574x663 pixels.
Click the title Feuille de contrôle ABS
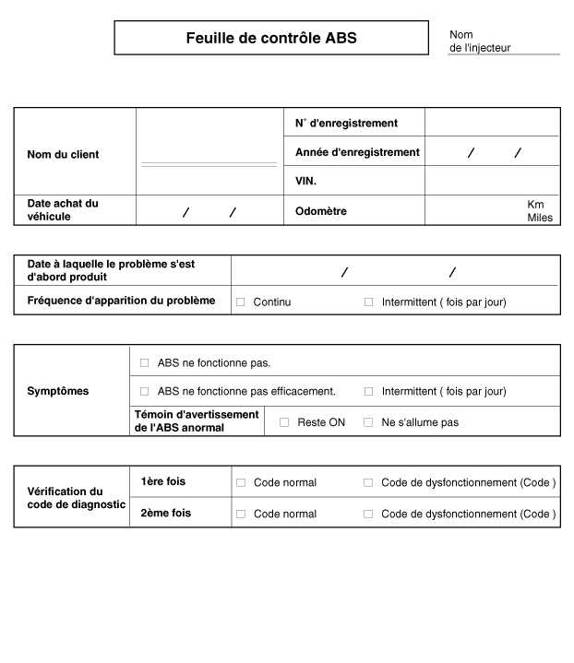click(x=270, y=39)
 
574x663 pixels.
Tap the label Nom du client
click(x=63, y=155)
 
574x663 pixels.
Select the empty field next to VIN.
click(x=492, y=182)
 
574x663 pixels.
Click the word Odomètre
click(x=320, y=211)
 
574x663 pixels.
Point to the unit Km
click(x=535, y=204)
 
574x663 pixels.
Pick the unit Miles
click(x=540, y=218)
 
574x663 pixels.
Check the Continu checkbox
click(x=241, y=302)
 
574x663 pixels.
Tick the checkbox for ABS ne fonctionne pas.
click(x=144, y=363)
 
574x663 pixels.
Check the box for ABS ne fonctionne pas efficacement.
click(x=144, y=391)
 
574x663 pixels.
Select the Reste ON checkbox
click(x=284, y=422)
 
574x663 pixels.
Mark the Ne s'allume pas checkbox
click(x=368, y=422)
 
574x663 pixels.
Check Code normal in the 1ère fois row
click(x=241, y=482)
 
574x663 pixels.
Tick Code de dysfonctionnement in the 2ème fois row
click(x=368, y=514)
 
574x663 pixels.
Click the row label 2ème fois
click(x=166, y=513)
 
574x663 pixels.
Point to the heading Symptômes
click(x=58, y=391)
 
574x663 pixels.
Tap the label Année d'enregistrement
click(x=357, y=152)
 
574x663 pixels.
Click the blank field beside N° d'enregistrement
click(x=492, y=123)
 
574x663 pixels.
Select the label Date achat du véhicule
click(x=63, y=210)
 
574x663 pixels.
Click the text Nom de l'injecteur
click(x=480, y=41)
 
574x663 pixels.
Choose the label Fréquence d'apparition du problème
click(x=121, y=301)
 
